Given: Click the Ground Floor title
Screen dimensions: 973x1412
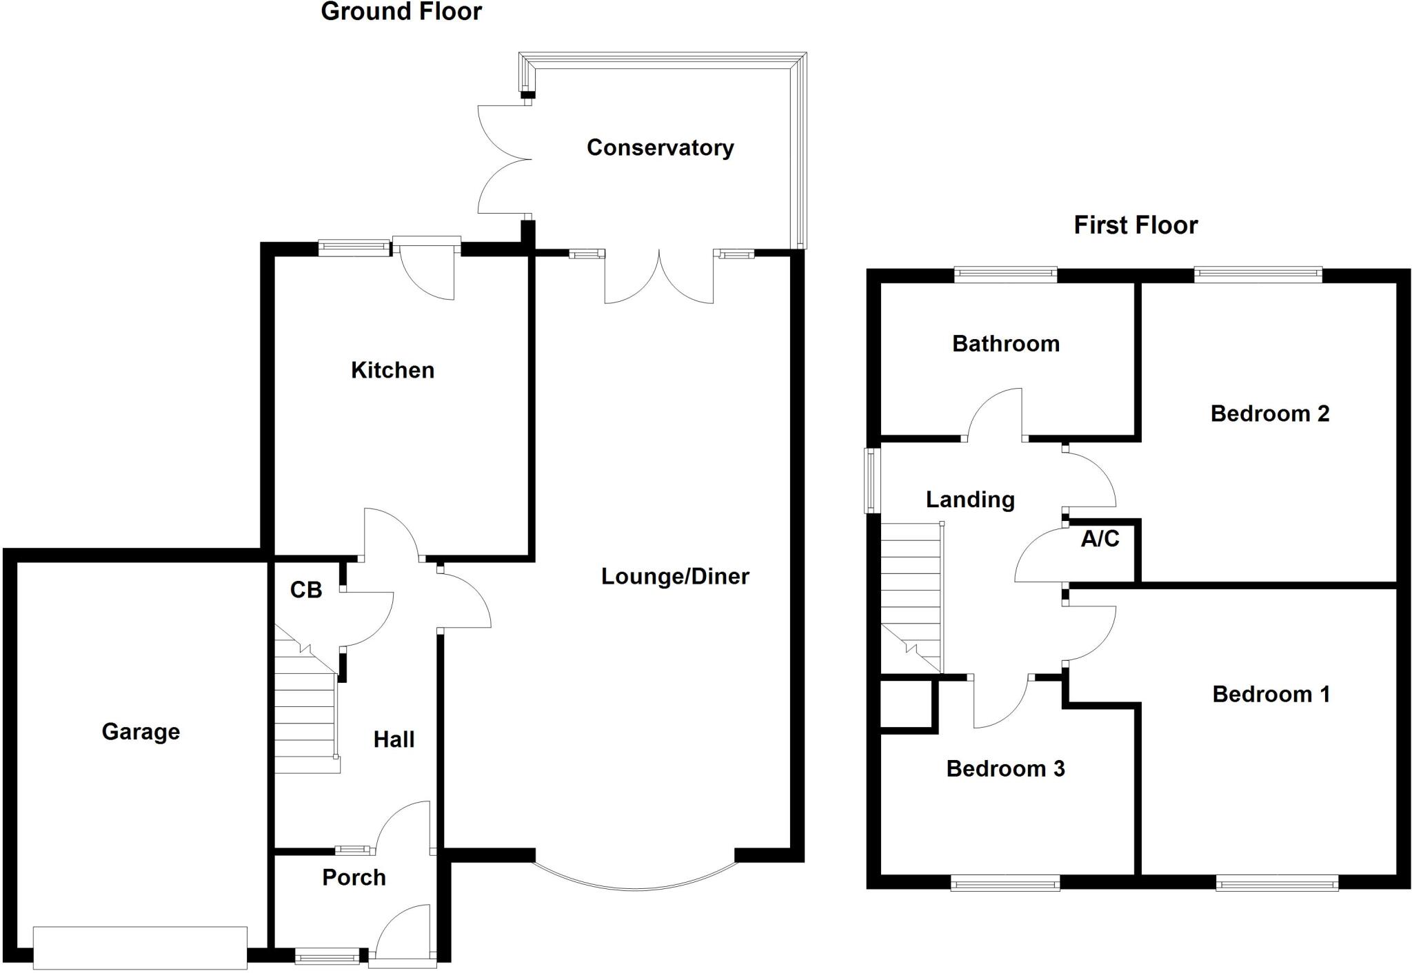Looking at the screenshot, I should pyautogui.click(x=401, y=12).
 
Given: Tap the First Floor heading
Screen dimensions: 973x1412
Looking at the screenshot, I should pyautogui.click(x=1136, y=225).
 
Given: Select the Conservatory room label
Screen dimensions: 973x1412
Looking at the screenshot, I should pyautogui.click(x=660, y=147).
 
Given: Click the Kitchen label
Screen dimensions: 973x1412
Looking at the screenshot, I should pyautogui.click(x=392, y=370).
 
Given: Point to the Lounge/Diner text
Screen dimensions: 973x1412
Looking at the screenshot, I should pyautogui.click(x=674, y=576).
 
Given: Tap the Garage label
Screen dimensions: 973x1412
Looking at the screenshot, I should pyautogui.click(x=141, y=731).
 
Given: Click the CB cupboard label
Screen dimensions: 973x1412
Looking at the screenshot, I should pyautogui.click(x=305, y=590).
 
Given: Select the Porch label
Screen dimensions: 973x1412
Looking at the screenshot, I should pyautogui.click(x=354, y=877).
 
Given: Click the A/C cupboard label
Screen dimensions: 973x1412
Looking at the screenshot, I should pyautogui.click(x=1100, y=538).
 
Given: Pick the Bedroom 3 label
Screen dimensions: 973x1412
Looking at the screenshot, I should pyautogui.click(x=1005, y=768).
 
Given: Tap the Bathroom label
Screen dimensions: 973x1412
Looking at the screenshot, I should pyautogui.click(x=1005, y=343).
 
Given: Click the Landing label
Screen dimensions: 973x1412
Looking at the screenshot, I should pyautogui.click(x=969, y=500).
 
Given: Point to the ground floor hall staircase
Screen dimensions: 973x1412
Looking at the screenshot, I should pyautogui.click(x=306, y=717).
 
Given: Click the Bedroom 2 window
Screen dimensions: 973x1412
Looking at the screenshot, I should pyautogui.click(x=1258, y=275).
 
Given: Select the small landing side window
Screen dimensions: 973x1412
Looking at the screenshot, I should pyautogui.click(x=873, y=480).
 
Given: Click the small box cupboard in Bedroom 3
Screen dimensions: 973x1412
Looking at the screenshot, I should pyautogui.click(x=906, y=704).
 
